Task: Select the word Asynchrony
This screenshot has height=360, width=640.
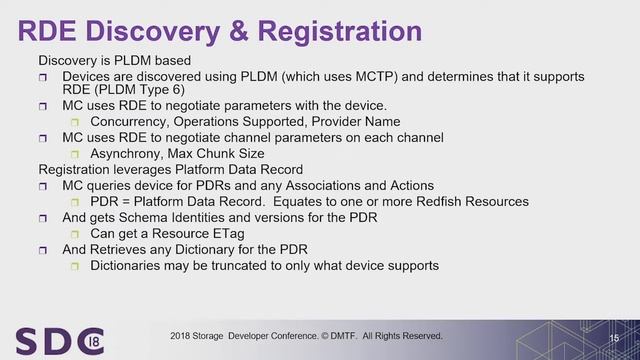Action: coord(126,154)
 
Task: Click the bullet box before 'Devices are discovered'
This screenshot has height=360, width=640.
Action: coord(44,76)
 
